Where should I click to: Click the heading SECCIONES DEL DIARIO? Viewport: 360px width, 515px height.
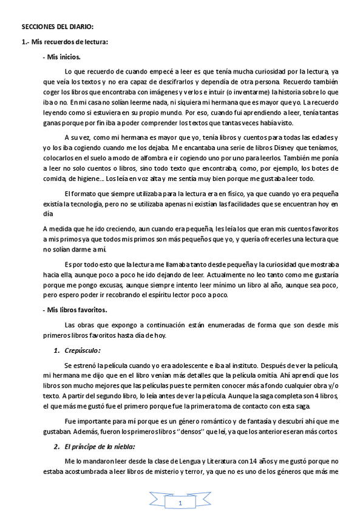pyautogui.click(x=58, y=27)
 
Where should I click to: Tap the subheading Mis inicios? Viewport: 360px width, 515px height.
pyautogui.click(x=61, y=56)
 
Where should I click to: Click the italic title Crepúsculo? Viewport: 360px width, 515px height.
pyautogui.click(x=82, y=350)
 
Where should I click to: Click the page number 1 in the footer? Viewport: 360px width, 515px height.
pyautogui.click(x=180, y=503)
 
